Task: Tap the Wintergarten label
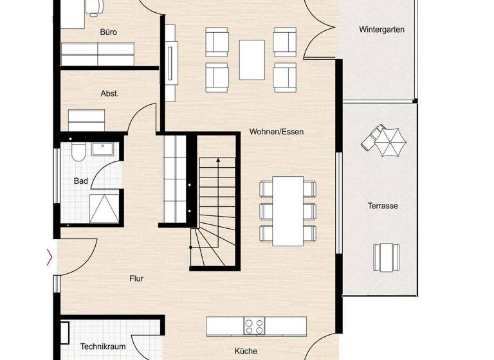pyautogui.click(x=381, y=30)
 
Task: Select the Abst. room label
pyautogui.click(x=110, y=93)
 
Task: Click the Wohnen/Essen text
pyautogui.click(x=276, y=132)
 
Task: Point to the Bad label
pyautogui.click(x=80, y=181)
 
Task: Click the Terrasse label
pyautogui.click(x=382, y=206)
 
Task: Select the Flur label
pyautogui.click(x=136, y=278)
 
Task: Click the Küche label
pyautogui.click(x=245, y=351)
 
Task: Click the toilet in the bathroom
pyautogui.click(x=77, y=152)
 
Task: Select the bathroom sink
pyautogui.click(x=103, y=150)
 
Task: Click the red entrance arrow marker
pyautogui.click(x=50, y=258)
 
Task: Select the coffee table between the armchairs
pyautogui.click(x=252, y=59)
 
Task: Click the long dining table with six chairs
pyautogui.click(x=288, y=211)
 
